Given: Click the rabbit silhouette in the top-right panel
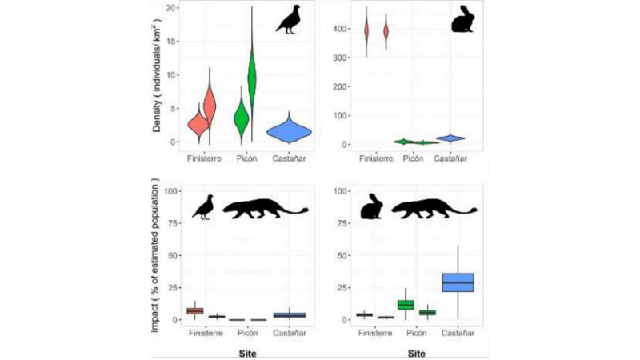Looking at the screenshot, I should coord(462,20).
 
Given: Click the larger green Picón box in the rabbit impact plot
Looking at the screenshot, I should coord(406,304).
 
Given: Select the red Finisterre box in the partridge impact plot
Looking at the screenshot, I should coord(194,310).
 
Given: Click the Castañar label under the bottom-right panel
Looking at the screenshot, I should coord(458,333).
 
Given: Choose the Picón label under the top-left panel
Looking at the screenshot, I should coord(246,158).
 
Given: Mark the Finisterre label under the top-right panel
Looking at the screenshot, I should coord(376,158).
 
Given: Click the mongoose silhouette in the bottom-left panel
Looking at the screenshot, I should coord(265,210).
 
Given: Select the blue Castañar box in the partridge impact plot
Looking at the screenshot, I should coord(289,315).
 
